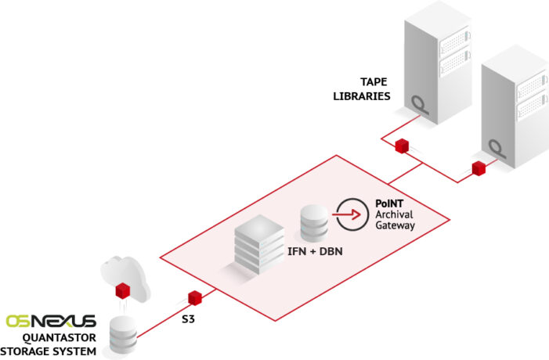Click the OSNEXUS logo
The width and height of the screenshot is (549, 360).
click(50, 321)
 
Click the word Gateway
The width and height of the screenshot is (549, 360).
click(395, 225)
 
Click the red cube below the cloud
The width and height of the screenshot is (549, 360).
click(121, 292)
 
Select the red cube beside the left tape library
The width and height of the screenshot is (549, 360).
click(402, 146)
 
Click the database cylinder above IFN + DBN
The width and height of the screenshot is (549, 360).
click(312, 222)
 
